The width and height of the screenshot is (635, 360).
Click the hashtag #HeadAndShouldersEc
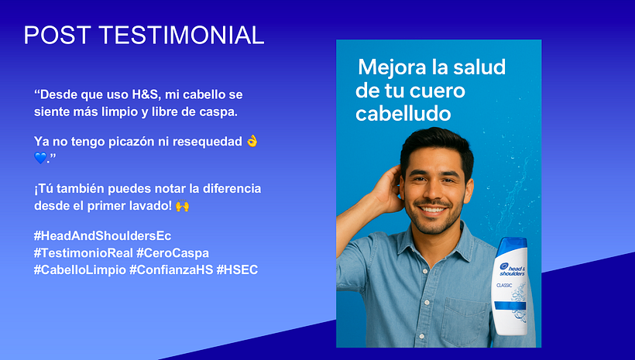pos(107,235)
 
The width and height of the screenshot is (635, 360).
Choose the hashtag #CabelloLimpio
pos(79,269)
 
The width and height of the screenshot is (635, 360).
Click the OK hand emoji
pos(252,141)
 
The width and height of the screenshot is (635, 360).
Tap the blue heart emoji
pos(41,158)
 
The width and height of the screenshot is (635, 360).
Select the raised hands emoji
pos(183,207)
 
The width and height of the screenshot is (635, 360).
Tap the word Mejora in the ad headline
pos(389,67)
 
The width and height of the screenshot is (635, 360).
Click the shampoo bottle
pos(511,286)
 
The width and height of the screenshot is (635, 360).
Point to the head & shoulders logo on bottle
pos(512,266)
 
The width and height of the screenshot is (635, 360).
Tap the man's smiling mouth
pos(434,211)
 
